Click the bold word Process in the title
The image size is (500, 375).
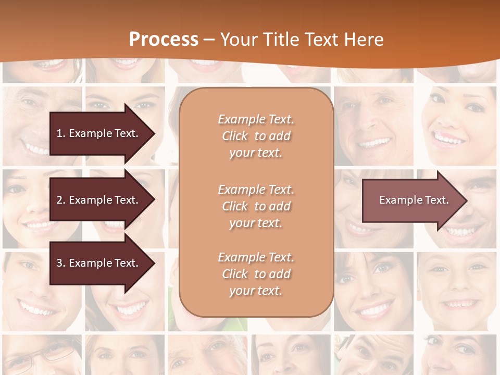[164, 40]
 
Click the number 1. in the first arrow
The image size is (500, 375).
[61, 133]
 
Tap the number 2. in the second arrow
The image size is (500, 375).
[61, 200]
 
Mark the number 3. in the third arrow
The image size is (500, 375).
[61, 263]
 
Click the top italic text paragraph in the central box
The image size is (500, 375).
[256, 136]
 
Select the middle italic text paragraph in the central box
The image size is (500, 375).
[256, 206]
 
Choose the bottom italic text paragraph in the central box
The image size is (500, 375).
[256, 274]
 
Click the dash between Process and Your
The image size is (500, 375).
[209, 40]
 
